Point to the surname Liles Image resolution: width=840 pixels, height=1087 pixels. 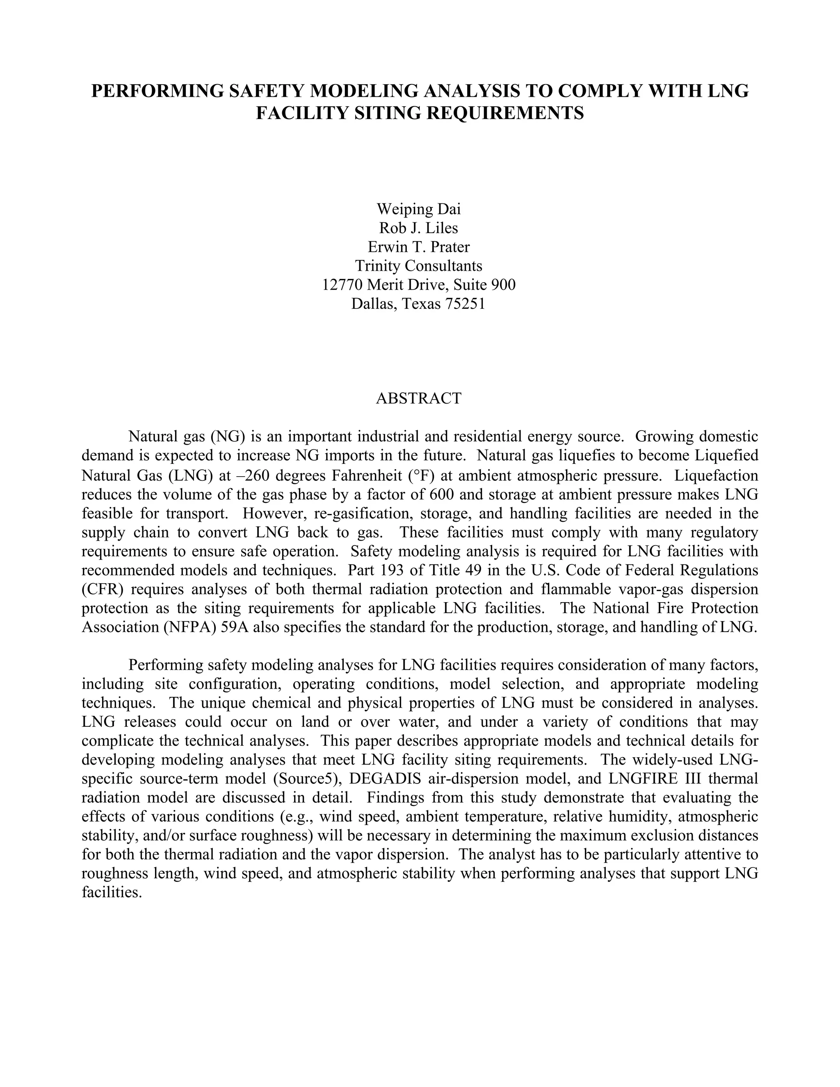(x=441, y=228)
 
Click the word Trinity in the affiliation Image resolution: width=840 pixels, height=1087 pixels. (x=378, y=266)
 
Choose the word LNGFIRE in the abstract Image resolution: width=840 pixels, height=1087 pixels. (x=644, y=779)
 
